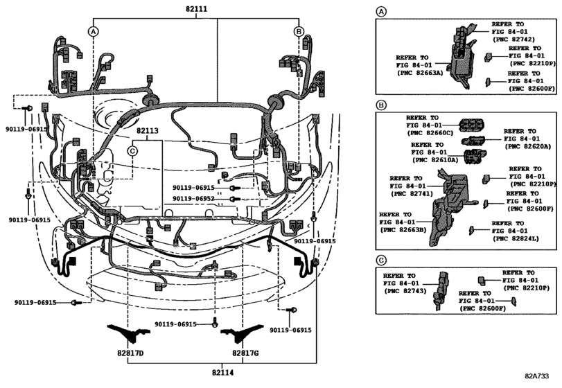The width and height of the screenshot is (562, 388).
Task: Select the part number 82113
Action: click(x=148, y=130)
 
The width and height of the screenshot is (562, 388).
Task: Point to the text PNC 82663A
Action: click(x=419, y=72)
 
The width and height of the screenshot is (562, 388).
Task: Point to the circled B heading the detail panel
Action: click(x=380, y=105)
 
